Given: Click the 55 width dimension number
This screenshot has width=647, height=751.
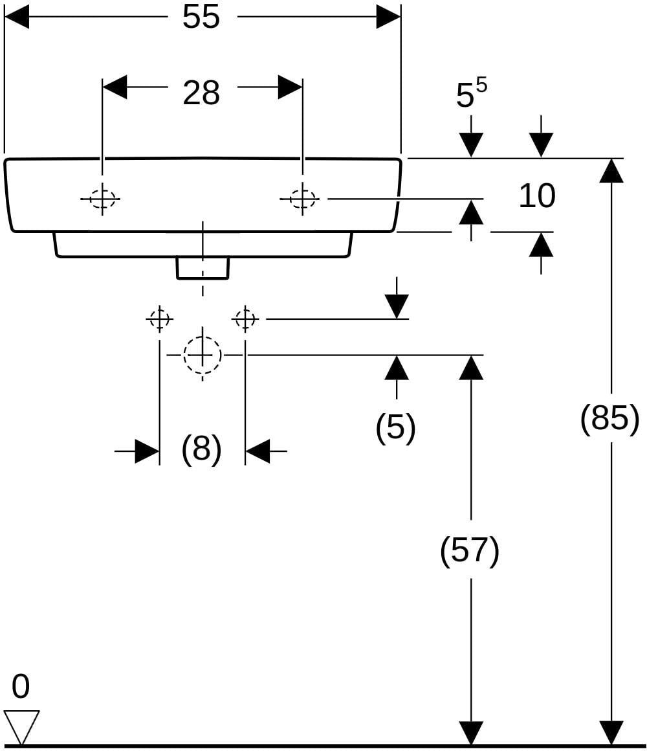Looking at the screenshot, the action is pyautogui.click(x=201, y=17).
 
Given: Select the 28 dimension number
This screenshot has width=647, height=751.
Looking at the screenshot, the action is pyautogui.click(x=201, y=93).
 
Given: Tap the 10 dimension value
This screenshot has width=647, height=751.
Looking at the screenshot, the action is pyautogui.click(x=537, y=196).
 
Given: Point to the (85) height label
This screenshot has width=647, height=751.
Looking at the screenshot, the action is pyautogui.click(x=609, y=418).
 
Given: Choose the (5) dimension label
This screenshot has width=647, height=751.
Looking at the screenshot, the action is pyautogui.click(x=396, y=426).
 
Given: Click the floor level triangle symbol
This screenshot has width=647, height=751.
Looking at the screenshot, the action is pyautogui.click(x=21, y=727).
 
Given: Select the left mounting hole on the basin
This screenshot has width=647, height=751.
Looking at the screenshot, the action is pyautogui.click(x=102, y=198).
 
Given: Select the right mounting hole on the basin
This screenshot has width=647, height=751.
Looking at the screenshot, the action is pyautogui.click(x=302, y=198).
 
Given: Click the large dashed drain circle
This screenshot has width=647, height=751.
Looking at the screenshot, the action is pyautogui.click(x=203, y=355).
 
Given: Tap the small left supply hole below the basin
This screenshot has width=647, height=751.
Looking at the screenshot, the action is pyautogui.click(x=159, y=318).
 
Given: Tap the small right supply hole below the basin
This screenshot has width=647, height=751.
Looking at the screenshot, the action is pyautogui.click(x=245, y=318).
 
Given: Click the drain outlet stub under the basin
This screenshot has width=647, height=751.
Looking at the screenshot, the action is pyautogui.click(x=203, y=268).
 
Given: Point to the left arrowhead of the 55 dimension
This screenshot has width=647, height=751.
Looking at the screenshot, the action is pyautogui.click(x=16, y=17).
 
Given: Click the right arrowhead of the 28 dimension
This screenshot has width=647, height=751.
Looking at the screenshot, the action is pyautogui.click(x=290, y=87).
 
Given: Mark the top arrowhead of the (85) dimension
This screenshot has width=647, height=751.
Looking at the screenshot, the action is pyautogui.click(x=611, y=170).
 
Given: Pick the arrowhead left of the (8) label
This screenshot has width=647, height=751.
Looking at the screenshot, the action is pyautogui.click(x=147, y=451).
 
